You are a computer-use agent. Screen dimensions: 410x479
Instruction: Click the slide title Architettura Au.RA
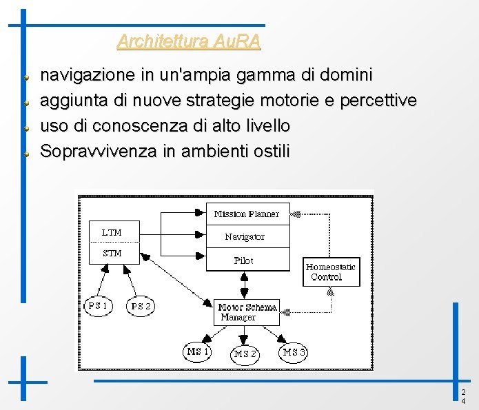(x=189, y=41)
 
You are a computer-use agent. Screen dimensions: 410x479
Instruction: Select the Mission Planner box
(x=247, y=214)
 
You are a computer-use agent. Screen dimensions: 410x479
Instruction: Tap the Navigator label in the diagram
(x=245, y=236)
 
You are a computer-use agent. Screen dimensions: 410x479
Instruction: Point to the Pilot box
(x=244, y=260)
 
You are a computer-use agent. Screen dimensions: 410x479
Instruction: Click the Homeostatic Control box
(x=332, y=271)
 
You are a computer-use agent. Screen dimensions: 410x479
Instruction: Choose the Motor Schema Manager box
(x=247, y=312)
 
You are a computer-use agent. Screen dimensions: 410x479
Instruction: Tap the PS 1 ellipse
(x=98, y=305)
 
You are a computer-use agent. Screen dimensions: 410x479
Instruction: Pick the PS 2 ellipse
(x=141, y=306)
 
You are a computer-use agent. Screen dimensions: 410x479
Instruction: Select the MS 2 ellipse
(x=245, y=353)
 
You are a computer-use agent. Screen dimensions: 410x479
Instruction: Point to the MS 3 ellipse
(x=294, y=352)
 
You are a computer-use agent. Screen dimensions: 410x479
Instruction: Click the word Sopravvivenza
(x=99, y=151)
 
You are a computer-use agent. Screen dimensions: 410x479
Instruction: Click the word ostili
(x=269, y=151)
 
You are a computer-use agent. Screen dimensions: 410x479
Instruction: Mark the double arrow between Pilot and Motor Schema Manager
(x=244, y=285)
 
